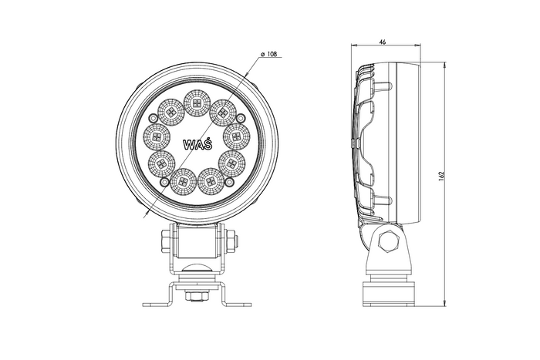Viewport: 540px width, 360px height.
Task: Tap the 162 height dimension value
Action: [x=441, y=176]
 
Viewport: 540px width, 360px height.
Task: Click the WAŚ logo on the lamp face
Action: [x=194, y=144]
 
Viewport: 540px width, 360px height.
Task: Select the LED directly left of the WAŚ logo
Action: [x=156, y=137]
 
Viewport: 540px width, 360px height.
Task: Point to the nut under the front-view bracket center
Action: [x=195, y=292]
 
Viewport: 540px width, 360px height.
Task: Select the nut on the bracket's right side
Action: [x=227, y=241]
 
